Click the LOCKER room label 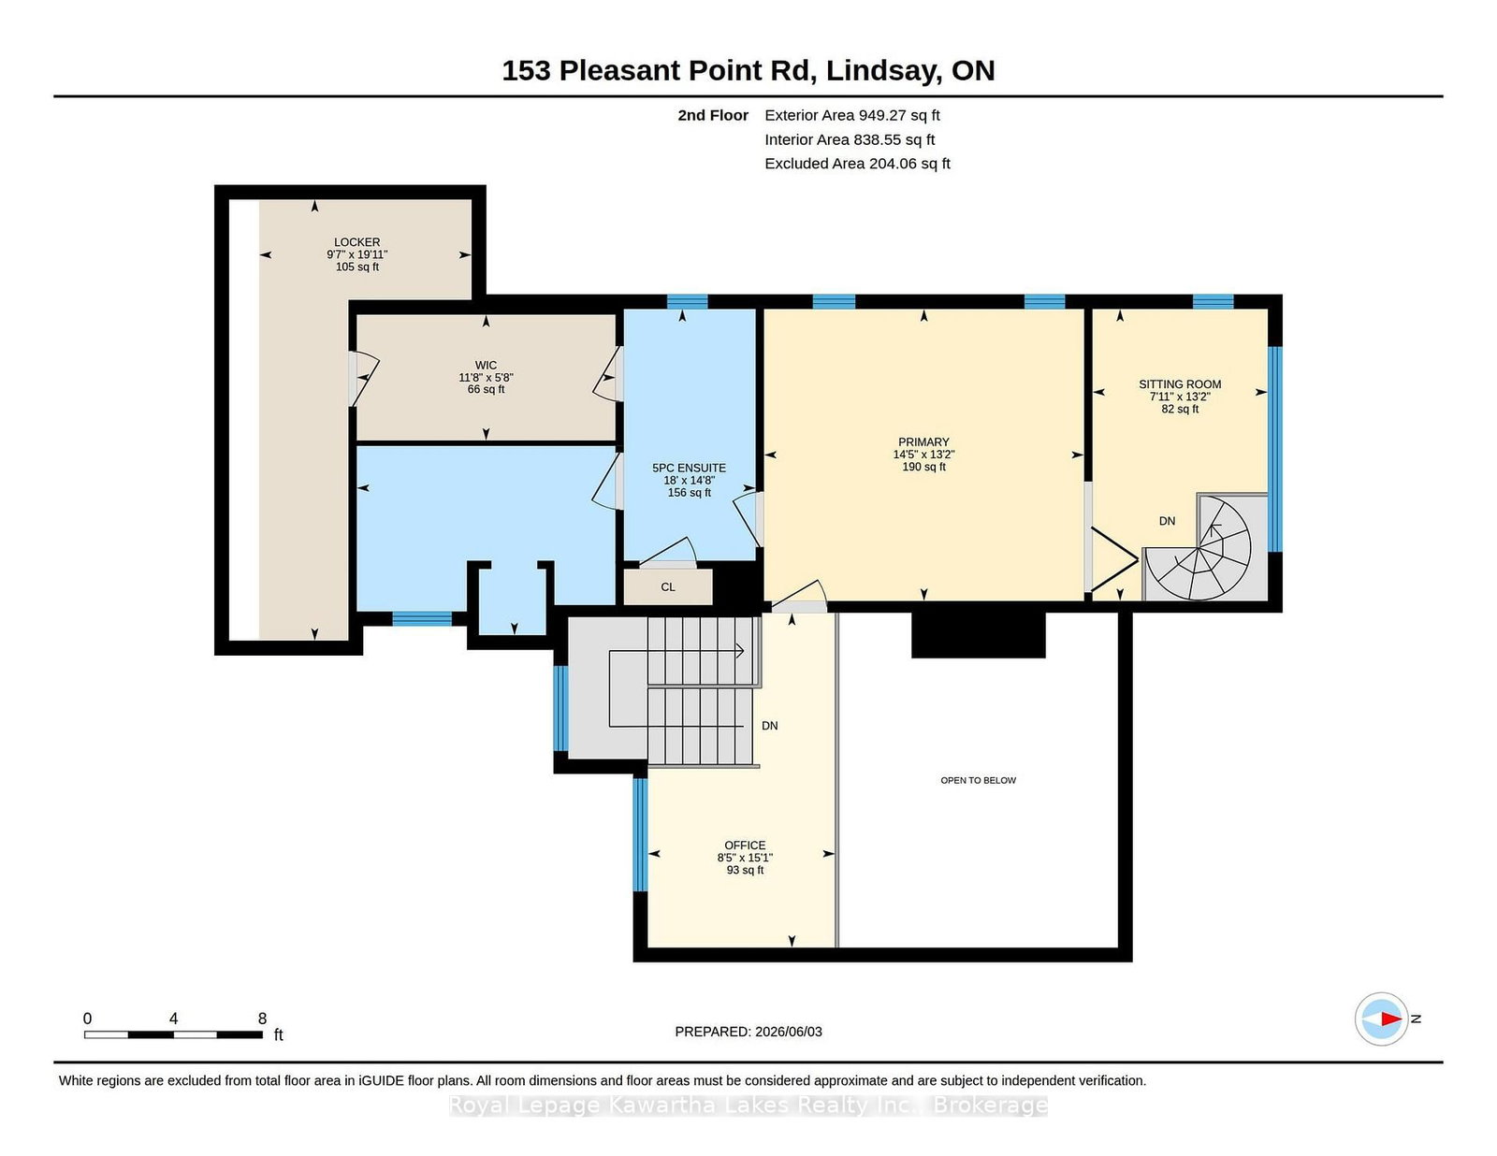coord(356,241)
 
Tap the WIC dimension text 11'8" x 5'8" coord(486,377)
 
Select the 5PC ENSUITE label coord(689,468)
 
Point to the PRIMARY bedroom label coord(923,441)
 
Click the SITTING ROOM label coord(1180,384)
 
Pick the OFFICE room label coord(745,845)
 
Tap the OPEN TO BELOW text coord(979,780)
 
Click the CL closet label coord(667,586)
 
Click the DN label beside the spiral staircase coord(1167,521)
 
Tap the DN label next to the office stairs coord(769,726)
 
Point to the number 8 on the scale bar coord(262,1019)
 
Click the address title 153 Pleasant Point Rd coord(660,70)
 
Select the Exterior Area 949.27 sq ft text coord(852,115)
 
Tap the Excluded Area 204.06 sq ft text coord(858,163)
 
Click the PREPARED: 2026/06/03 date coord(748,1032)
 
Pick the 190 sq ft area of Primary coord(923,467)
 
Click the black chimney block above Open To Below coord(979,633)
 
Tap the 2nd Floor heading coord(712,115)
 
